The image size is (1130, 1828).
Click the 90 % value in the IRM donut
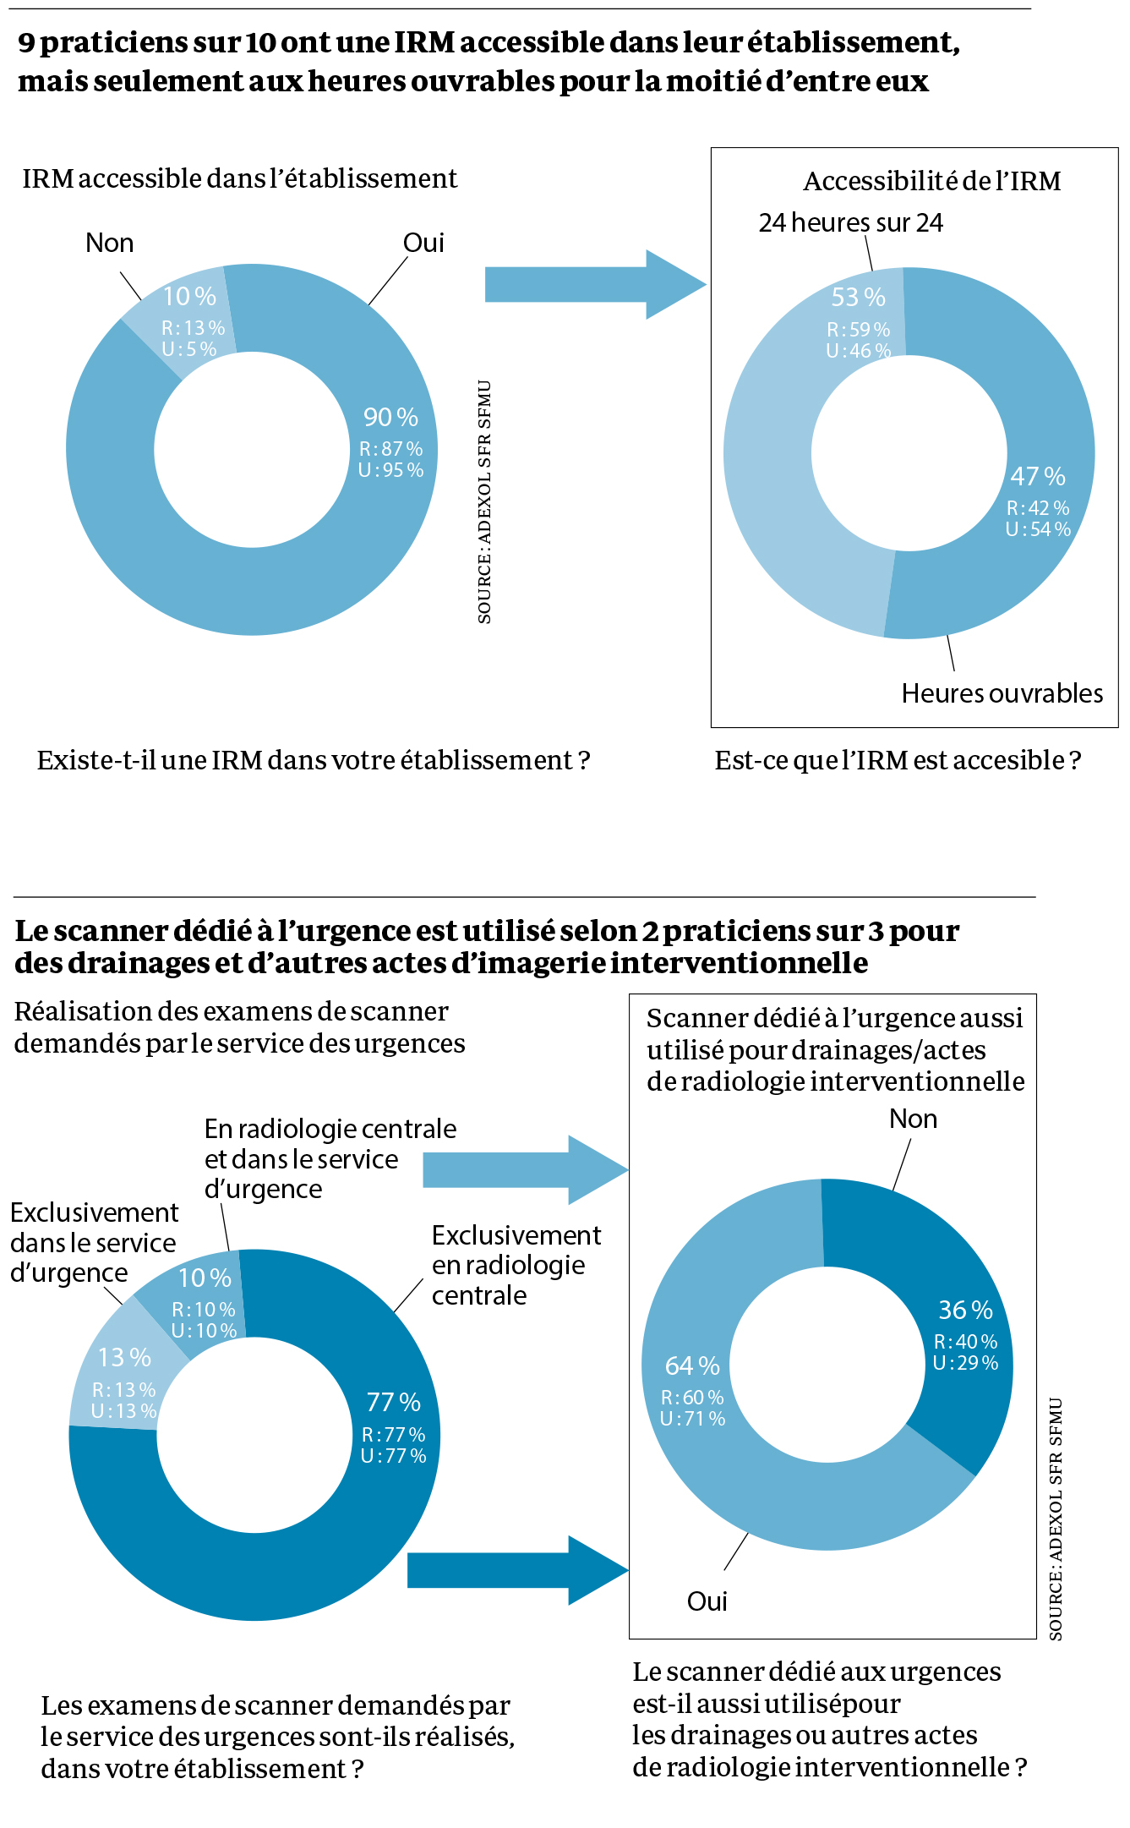(x=390, y=417)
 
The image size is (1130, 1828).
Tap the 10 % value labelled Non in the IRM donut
(x=189, y=297)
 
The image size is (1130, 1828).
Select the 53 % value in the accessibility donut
(x=858, y=298)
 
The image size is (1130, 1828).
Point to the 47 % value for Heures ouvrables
(x=1038, y=476)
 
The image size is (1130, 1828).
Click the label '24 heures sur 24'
(x=850, y=222)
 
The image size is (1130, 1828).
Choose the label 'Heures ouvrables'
(x=1002, y=693)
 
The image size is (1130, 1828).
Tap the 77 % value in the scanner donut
(x=393, y=1402)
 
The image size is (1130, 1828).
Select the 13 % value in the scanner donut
(x=124, y=1357)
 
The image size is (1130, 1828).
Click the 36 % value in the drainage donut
(x=965, y=1310)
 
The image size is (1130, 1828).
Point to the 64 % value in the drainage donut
(x=692, y=1366)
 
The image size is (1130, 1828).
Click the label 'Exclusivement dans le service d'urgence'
(x=93, y=1243)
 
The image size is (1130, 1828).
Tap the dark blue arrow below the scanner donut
(x=516, y=1570)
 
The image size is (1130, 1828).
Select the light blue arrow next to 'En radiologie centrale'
(x=524, y=1170)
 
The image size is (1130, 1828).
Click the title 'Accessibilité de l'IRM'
(x=931, y=181)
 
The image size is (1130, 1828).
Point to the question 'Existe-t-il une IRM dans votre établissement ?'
(x=313, y=760)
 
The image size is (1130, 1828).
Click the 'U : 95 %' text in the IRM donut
(x=390, y=470)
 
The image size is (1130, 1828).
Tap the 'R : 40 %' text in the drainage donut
(x=965, y=1342)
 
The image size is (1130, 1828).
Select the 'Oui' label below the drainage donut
(x=707, y=1601)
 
